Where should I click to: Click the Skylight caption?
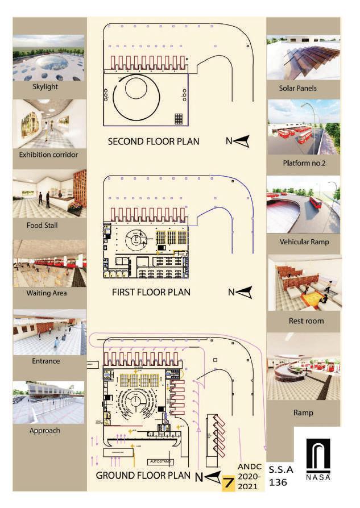point(49,87)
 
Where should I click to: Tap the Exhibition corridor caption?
point(49,155)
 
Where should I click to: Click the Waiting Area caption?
point(49,293)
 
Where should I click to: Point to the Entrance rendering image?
point(49,333)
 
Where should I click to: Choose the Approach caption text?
point(45,430)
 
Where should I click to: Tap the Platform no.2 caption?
point(303,163)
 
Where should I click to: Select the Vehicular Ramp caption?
point(303,241)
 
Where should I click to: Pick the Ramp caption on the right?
point(303,413)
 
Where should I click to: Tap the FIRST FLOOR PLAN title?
point(151,293)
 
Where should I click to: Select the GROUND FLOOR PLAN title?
point(143,476)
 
